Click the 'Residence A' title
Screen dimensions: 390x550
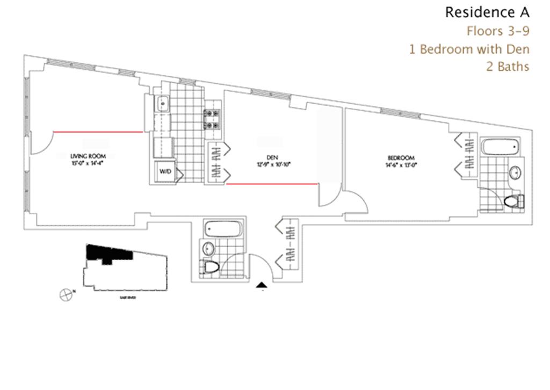click(487, 12)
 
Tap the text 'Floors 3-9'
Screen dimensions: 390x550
click(498, 31)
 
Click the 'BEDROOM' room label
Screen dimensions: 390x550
click(399, 157)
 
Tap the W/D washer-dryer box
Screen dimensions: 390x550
click(164, 171)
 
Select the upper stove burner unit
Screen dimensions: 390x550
click(210, 114)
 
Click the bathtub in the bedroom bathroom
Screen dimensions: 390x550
click(501, 147)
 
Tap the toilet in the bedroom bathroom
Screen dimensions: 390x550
click(515, 201)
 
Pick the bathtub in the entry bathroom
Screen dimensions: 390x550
click(223, 229)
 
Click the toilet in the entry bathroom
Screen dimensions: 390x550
click(210, 267)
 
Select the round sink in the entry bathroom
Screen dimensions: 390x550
click(208, 249)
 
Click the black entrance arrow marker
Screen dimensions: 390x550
click(263, 285)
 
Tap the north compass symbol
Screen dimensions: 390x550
click(66, 294)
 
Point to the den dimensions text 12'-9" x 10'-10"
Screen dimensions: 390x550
click(273, 165)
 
